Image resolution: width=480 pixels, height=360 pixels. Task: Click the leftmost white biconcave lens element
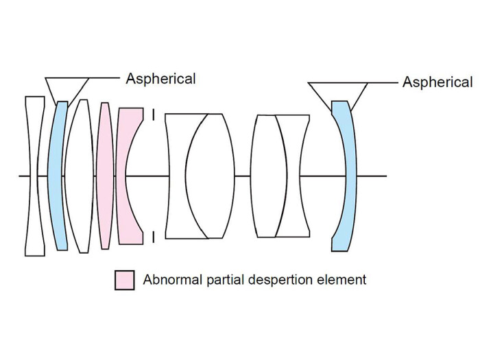coord(34,176)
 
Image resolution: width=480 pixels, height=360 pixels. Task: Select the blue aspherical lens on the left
coord(58,176)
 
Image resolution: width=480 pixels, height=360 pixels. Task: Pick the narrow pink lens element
coord(105,176)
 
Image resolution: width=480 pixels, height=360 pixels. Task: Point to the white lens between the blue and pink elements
coord(81,176)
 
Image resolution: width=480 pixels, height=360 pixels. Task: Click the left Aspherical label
coord(160,78)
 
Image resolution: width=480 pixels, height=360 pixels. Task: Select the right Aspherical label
coord(437,82)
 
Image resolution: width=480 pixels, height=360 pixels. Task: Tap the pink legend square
coord(124,280)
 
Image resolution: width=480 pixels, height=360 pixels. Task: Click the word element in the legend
coord(343,280)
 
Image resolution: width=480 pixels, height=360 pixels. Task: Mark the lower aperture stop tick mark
coord(154,237)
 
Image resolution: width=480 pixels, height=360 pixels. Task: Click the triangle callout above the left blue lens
coord(67,86)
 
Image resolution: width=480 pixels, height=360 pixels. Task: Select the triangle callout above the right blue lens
coord(338,91)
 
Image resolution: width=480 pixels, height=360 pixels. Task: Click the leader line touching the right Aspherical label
coord(383,83)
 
